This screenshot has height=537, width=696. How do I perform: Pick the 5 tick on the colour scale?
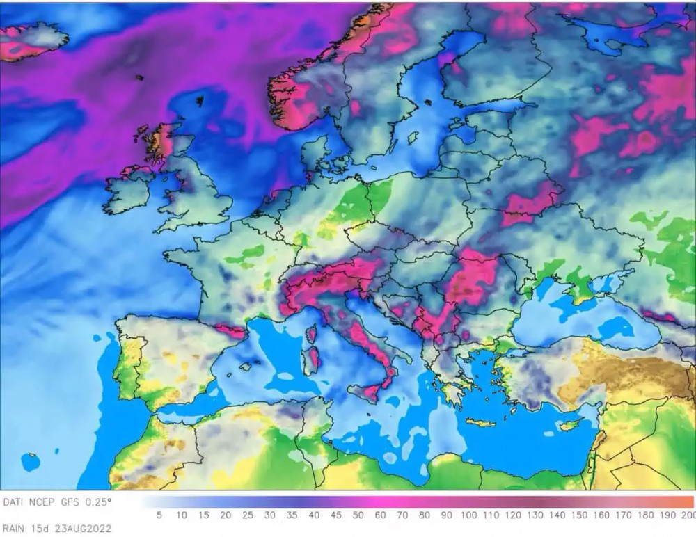pos(159,515)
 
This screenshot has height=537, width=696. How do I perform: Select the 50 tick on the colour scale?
pos(358,515)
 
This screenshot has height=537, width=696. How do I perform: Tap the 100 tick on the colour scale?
pos(468,515)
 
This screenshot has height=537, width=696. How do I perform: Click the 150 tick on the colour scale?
pos(578,515)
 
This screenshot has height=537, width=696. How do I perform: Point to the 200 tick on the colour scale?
pos(688,515)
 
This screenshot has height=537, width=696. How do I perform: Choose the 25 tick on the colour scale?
pos(247,515)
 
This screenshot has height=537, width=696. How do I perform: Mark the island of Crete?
pos(481,422)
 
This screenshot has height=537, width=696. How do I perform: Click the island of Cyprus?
pos(569,424)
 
